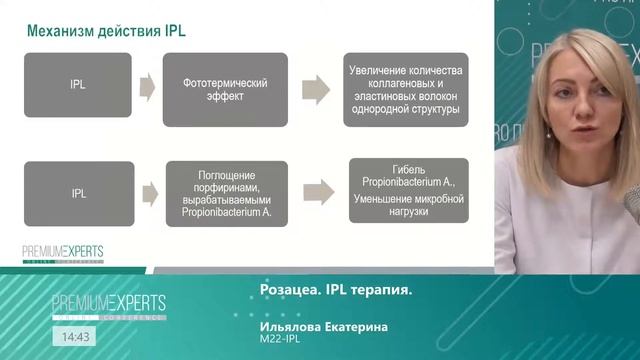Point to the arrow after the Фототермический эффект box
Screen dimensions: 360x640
click(316, 88)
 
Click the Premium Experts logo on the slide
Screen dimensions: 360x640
click(63, 253)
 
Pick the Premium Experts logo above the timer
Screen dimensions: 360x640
click(109, 304)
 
